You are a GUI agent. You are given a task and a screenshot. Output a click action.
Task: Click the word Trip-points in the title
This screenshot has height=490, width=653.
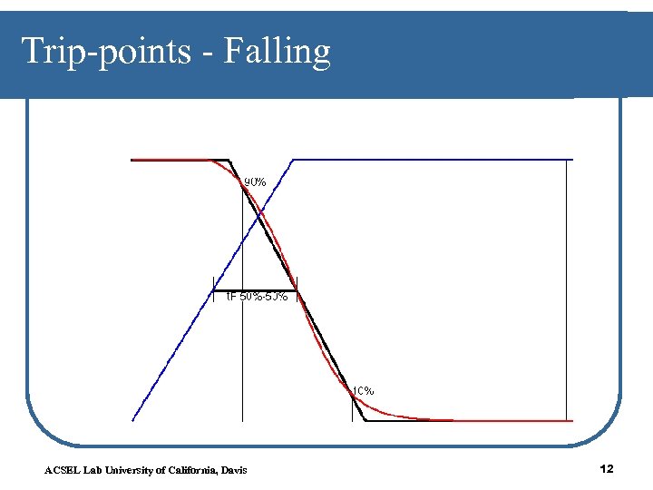(x=103, y=52)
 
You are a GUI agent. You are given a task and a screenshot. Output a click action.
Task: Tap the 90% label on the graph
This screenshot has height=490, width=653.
(x=255, y=181)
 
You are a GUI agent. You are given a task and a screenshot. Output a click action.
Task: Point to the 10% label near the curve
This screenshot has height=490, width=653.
(x=363, y=390)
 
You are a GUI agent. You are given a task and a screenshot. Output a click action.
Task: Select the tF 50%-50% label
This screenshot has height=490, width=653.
(x=257, y=297)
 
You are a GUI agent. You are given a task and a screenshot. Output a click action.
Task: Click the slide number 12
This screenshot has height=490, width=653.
(x=607, y=468)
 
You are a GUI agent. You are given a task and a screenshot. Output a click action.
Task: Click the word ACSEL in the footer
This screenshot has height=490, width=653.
(x=60, y=469)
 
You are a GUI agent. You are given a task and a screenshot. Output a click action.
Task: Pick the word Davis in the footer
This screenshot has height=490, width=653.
(x=232, y=469)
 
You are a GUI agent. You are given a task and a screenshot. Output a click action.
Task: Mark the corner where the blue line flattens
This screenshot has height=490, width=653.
(x=294, y=160)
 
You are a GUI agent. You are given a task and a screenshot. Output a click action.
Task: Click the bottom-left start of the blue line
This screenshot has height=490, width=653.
(x=133, y=419)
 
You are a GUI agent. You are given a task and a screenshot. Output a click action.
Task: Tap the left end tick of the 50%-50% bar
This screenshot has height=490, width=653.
(x=213, y=289)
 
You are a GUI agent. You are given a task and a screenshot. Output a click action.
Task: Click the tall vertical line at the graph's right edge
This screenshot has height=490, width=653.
(x=573, y=290)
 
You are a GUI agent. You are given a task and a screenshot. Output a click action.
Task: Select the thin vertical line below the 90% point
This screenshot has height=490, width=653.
(x=242, y=363)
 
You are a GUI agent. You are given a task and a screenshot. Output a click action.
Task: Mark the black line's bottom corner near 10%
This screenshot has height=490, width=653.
(x=365, y=420)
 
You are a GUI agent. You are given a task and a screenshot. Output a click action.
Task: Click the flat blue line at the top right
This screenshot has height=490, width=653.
(x=435, y=160)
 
